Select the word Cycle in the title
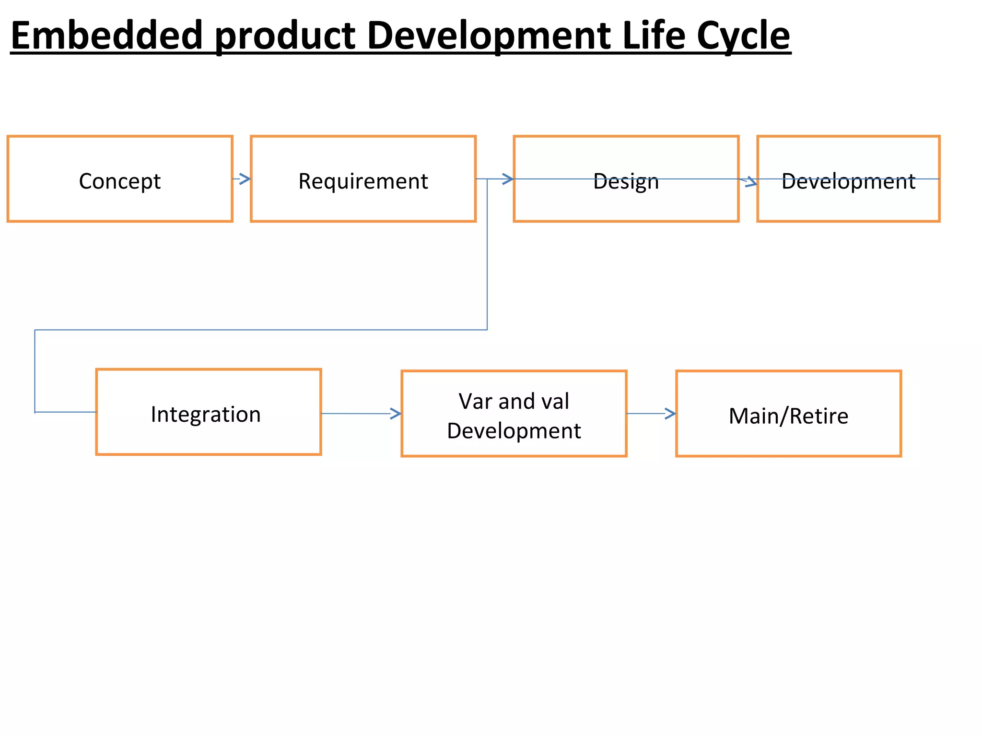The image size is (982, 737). click(743, 36)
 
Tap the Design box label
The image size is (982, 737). click(626, 182)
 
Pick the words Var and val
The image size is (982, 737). click(514, 401)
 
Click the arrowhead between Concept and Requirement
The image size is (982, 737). click(245, 179)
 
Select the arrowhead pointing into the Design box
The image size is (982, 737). click(508, 179)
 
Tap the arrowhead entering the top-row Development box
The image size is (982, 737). click(751, 182)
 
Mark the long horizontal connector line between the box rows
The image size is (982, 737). click(261, 330)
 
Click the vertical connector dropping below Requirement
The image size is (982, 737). click(487, 254)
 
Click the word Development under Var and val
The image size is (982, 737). click(514, 431)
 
